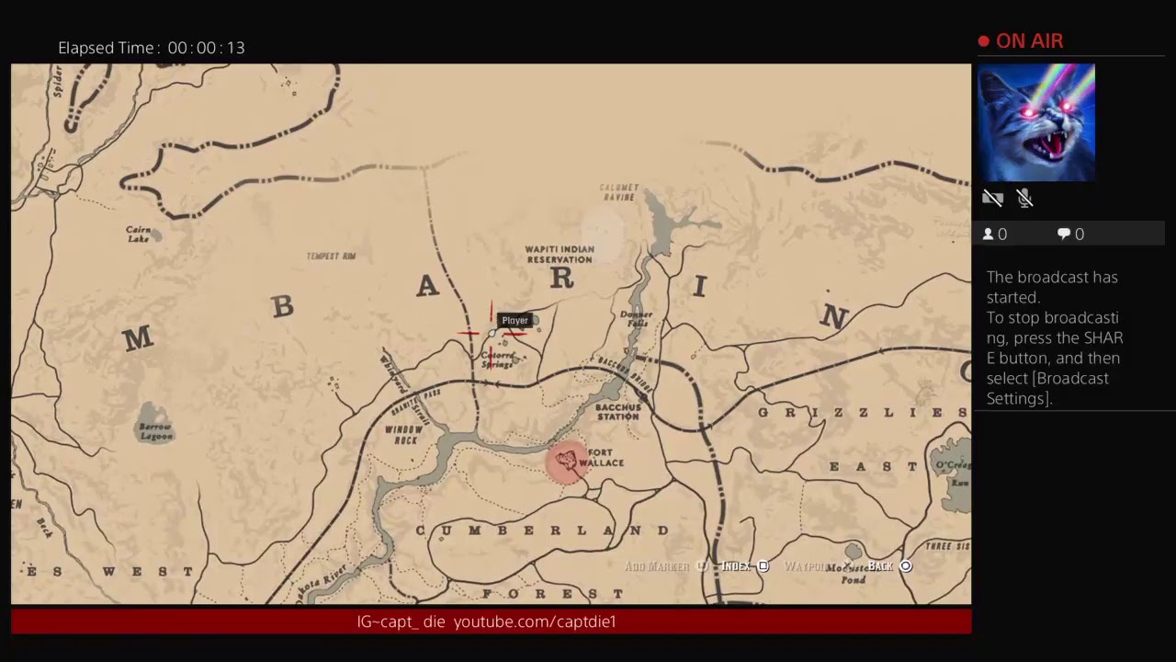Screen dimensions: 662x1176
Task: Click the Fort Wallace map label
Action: pos(602,458)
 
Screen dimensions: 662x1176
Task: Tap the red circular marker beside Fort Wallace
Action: pos(566,461)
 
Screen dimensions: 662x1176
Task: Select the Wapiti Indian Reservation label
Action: pos(560,255)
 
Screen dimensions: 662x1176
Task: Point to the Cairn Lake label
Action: pos(139,234)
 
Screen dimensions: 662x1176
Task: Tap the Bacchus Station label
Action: pos(617,412)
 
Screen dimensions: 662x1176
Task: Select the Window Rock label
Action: pos(403,435)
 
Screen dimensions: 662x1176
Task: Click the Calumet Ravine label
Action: pos(618,192)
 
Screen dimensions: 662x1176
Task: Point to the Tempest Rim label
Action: pos(331,257)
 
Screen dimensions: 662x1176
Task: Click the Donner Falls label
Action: pos(636,319)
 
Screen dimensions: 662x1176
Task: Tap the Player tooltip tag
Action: pos(514,321)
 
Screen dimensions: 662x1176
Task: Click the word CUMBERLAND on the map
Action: pos(543,531)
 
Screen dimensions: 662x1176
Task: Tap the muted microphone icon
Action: pos(1025,199)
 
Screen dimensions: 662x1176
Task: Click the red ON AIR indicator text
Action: pos(1029,41)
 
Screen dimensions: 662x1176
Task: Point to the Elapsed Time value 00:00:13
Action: pos(206,48)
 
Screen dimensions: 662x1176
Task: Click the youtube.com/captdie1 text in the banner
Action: pos(535,622)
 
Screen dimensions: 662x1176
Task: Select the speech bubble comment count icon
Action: pos(1063,234)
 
